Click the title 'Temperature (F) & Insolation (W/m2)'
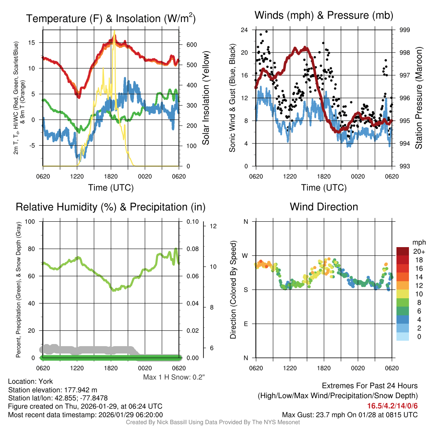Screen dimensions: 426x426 point(111,19)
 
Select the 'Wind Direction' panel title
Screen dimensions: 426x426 point(324,207)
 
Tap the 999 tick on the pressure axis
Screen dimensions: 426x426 point(405,30)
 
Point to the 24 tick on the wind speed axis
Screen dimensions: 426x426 point(245,30)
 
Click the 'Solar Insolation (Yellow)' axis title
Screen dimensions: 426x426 point(206,98)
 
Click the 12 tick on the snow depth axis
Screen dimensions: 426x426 point(214,226)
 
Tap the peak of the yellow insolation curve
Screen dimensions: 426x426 point(114,32)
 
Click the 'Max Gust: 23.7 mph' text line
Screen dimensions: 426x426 point(349,415)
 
